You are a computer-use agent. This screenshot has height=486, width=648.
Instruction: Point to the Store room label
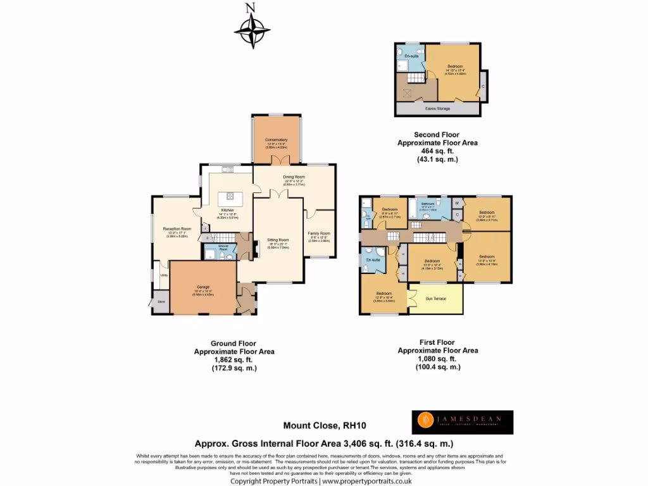point(160,302)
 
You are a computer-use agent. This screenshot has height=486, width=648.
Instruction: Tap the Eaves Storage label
point(437,109)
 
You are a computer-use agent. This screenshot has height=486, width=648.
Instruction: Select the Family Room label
point(319,234)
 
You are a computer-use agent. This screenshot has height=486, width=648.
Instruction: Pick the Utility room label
point(163,275)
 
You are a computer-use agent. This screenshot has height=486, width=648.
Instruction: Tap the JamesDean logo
point(463,422)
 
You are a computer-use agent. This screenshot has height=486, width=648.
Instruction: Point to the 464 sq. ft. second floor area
point(437,152)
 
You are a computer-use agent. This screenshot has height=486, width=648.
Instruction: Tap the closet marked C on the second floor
point(482,86)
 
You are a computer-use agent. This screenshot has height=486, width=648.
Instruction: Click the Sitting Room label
point(278,240)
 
